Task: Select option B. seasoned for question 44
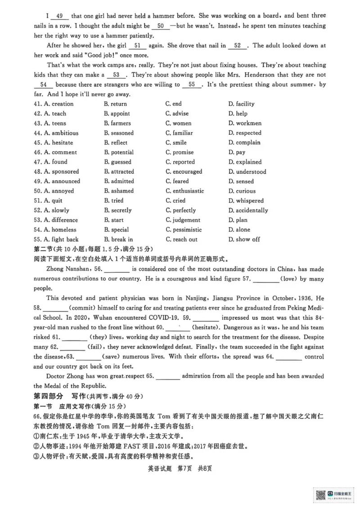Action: (119, 133)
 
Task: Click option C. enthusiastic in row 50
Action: (184, 191)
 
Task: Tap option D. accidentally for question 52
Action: (248, 210)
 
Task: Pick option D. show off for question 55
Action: (244, 240)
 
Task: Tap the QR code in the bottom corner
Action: (320, 494)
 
